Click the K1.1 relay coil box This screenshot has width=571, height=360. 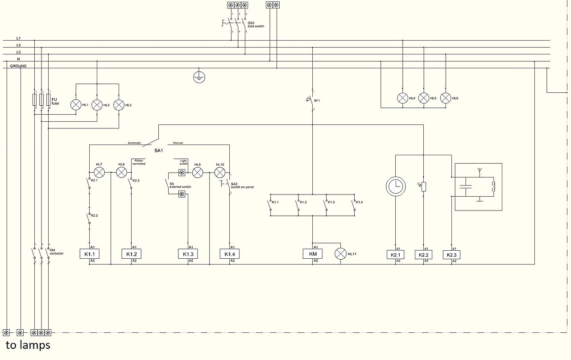click(x=89, y=254)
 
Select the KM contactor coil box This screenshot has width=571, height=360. click(x=312, y=254)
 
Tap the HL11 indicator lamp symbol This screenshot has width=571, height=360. click(x=341, y=254)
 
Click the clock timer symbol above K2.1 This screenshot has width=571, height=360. click(x=395, y=186)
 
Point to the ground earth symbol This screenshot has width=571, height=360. click(x=199, y=77)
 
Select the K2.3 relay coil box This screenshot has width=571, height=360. click(x=451, y=255)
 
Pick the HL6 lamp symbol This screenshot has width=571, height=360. click(x=446, y=98)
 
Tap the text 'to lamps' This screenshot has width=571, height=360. click(x=28, y=345)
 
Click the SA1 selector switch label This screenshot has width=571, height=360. click(x=159, y=151)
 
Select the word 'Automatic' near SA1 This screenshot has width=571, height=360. click(x=134, y=143)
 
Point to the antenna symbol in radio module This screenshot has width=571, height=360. click(x=479, y=170)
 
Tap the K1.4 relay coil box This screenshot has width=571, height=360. click(x=229, y=254)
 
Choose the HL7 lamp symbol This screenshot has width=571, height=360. click(x=99, y=172)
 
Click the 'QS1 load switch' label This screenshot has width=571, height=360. click(x=256, y=25)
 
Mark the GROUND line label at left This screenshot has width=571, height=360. click(x=18, y=66)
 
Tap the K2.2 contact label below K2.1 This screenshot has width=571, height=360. click(x=94, y=215)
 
